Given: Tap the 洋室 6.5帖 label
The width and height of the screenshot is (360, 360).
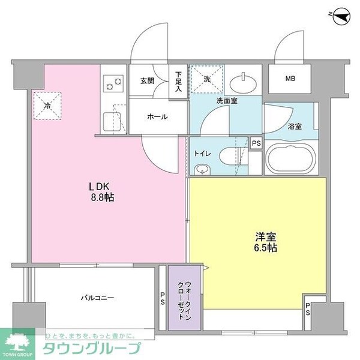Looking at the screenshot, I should [265, 241].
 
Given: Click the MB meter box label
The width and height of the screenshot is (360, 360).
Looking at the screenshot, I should [290, 79].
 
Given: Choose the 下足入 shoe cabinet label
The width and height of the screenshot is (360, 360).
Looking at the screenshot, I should [179, 81].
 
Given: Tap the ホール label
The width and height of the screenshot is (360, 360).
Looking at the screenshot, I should [157, 117].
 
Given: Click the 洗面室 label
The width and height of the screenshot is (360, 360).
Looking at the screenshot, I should [227, 101].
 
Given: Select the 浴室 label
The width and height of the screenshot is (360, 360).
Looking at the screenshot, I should [295, 127].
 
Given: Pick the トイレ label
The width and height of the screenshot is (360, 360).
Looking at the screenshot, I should [202, 153].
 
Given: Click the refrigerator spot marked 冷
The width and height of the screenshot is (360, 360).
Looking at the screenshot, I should [47, 106].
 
